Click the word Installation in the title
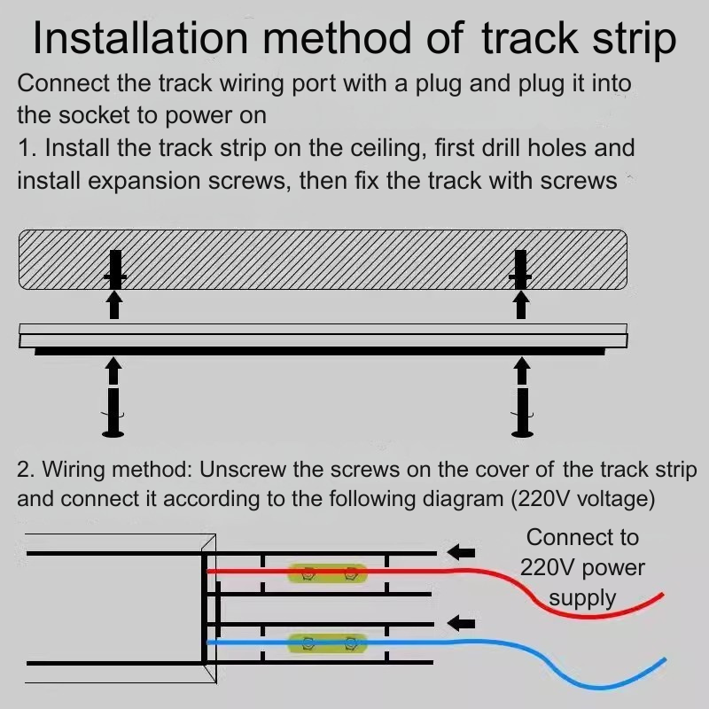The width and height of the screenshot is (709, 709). coord(141,37)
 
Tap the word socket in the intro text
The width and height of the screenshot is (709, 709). coord(94,115)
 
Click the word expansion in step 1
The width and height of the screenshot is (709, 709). coord(145,182)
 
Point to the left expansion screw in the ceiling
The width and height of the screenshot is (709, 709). coord(115,269)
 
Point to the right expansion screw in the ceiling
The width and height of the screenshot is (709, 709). coord(520,269)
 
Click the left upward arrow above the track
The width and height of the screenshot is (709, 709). coord(115,305)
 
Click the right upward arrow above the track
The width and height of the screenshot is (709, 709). coord(521,305)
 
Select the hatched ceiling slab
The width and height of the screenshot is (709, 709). coord(323,260)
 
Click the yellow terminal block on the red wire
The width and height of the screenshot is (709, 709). coord(328,573)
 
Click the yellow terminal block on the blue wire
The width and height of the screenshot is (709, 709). coord(328,643)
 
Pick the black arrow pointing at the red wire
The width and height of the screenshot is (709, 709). coord(461,552)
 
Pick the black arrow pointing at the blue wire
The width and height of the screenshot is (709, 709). coord(461,624)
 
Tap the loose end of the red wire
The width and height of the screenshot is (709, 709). coord(663,595)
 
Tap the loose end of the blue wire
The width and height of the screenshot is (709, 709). coord(665,660)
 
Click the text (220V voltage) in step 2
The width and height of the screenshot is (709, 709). coord(583,499)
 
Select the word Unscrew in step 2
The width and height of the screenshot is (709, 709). coord(243,470)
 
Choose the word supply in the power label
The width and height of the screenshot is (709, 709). coord(582,598)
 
